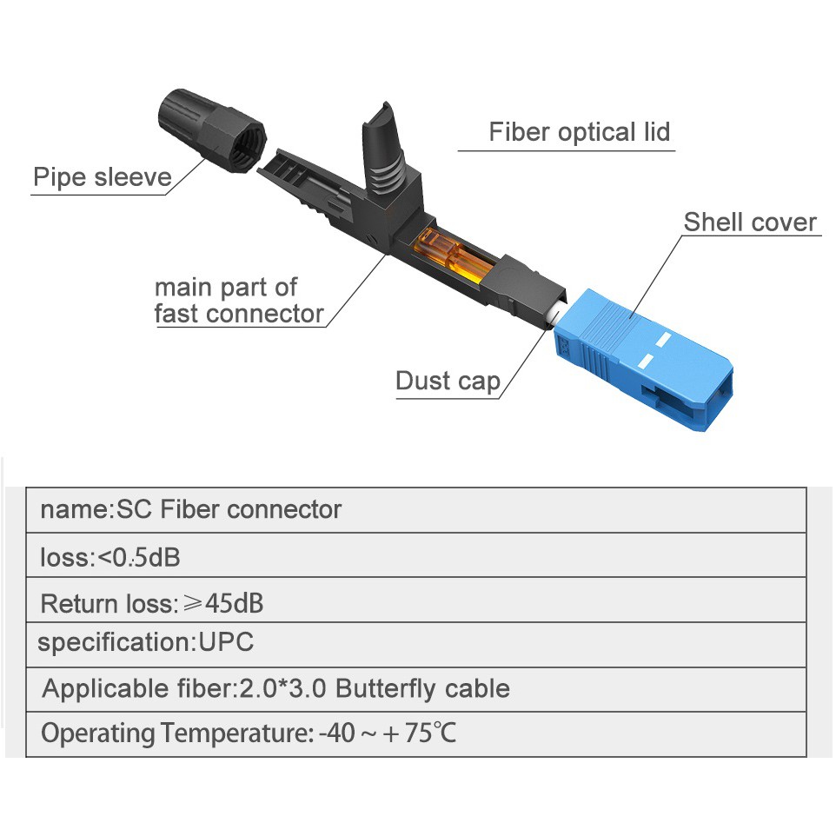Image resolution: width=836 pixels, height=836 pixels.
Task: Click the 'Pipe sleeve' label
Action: click(102, 177)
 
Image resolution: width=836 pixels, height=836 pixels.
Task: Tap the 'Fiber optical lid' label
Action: click(579, 132)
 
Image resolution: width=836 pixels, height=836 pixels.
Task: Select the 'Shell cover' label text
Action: click(750, 222)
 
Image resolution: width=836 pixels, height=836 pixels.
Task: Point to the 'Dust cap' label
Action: click(448, 381)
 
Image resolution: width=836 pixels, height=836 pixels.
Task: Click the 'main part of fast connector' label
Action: click(238, 300)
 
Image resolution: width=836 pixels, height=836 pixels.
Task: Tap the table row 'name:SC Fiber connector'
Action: click(191, 509)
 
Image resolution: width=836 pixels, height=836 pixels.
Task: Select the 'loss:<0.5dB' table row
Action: click(110, 556)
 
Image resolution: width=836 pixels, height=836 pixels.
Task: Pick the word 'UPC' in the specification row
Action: click(227, 643)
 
